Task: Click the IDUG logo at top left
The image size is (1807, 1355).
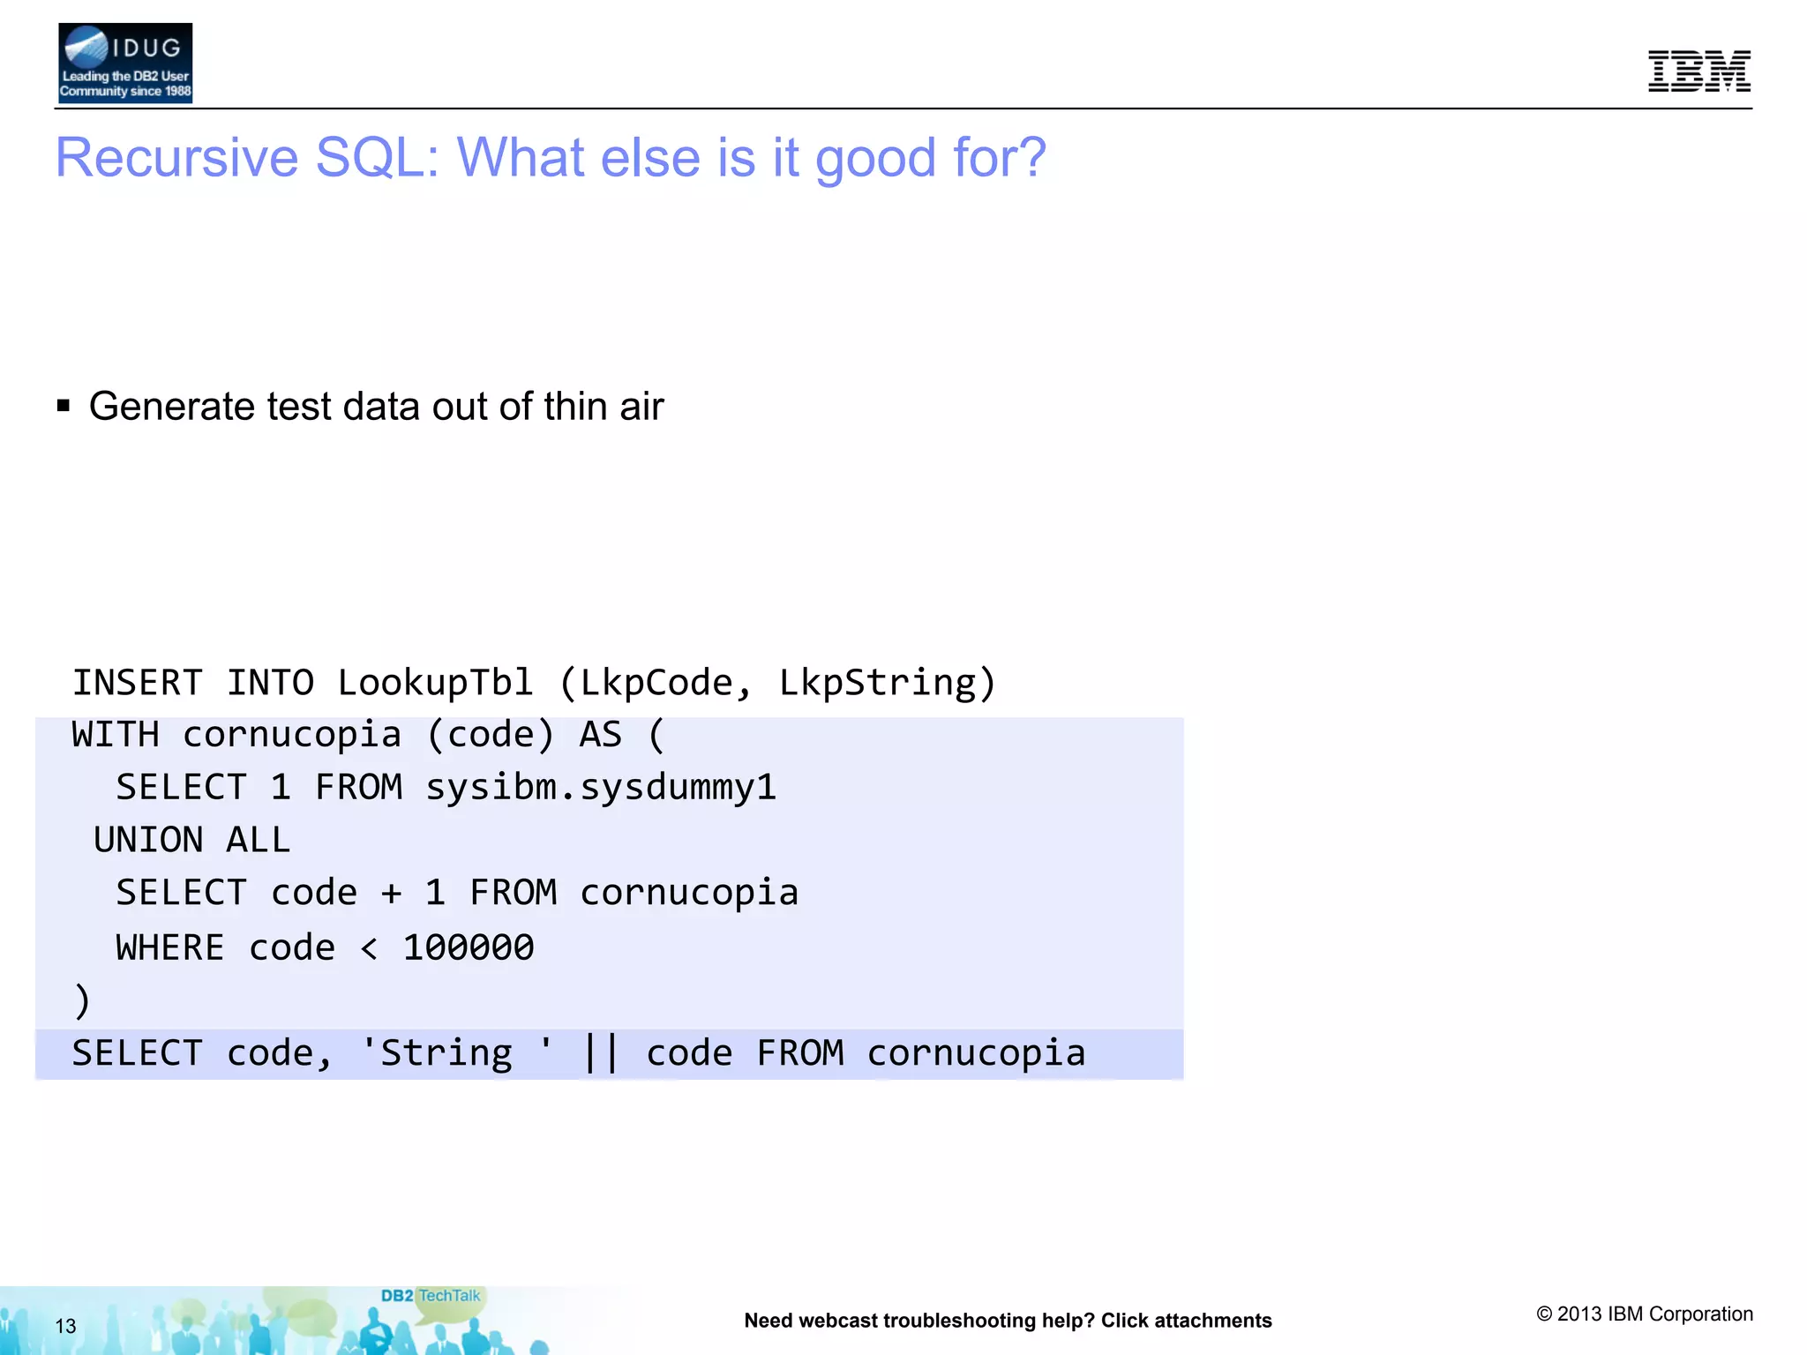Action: [x=124, y=63]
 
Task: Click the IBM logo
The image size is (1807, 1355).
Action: [x=1698, y=71]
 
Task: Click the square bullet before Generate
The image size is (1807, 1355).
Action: [x=64, y=406]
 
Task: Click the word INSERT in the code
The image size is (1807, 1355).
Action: [x=137, y=683]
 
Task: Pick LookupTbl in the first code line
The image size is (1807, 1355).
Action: [x=435, y=683]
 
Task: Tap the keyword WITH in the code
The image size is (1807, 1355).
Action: [x=115, y=735]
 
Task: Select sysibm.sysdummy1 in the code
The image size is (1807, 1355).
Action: [x=600, y=787]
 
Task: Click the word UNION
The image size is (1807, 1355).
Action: [x=148, y=840]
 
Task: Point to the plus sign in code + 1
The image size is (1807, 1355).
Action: [x=391, y=894]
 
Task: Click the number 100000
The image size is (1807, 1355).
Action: [x=468, y=947]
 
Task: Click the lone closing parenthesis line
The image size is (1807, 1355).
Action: [x=82, y=1000]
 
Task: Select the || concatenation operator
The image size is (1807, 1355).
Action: [x=601, y=1053]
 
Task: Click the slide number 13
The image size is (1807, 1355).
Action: [x=65, y=1326]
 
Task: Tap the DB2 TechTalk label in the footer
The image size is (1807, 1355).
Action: [x=431, y=1296]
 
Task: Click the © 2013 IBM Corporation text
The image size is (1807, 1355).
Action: [x=1645, y=1314]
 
